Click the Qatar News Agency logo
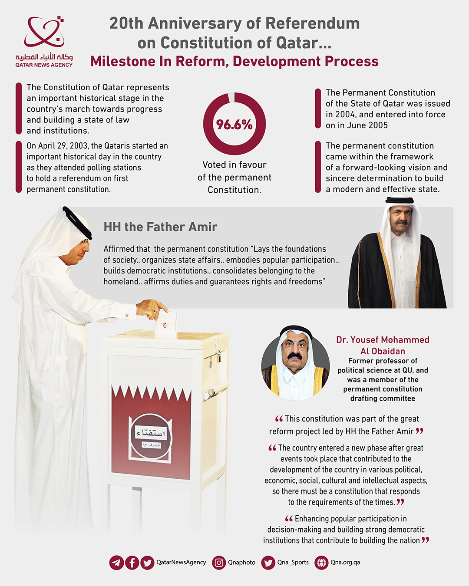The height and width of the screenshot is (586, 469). pos(44,42)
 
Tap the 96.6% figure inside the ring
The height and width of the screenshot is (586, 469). pos(234,125)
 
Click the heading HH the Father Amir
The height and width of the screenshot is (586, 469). pos(160,227)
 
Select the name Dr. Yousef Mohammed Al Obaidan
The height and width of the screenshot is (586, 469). pos(383,346)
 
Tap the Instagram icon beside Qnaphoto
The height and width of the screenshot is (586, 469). pos(219,563)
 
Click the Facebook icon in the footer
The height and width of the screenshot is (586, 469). pos(132,563)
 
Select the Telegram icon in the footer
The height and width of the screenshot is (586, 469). pos(116,563)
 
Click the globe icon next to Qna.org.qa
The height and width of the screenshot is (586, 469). pos(321,563)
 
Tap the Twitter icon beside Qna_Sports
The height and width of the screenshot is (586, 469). pos(268,563)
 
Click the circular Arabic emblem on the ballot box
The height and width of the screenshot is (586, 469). pos(151,435)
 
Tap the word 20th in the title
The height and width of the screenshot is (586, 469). pos(126,23)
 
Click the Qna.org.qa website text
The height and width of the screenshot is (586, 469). pos(345,562)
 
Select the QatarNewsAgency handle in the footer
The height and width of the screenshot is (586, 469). pos(181,562)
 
